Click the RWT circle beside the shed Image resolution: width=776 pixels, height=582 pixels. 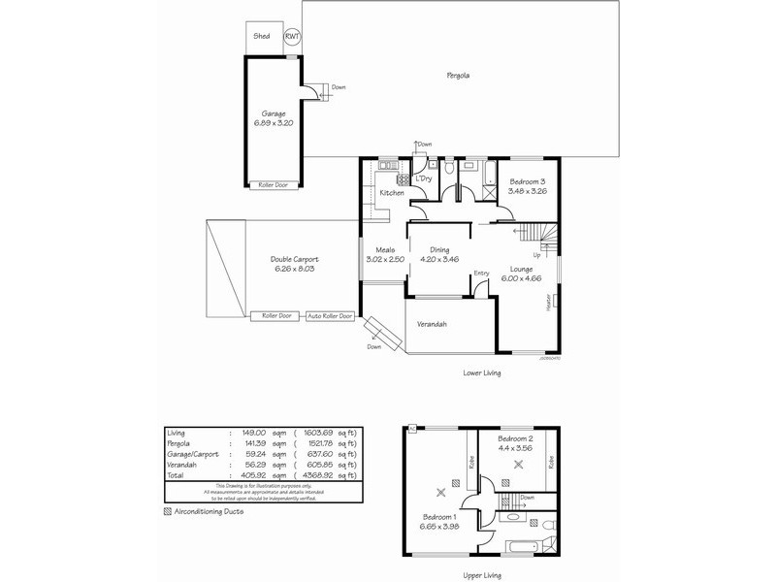coord(292,37)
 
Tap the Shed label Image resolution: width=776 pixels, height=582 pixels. coord(261,36)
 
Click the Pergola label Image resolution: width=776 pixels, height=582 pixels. coord(459,76)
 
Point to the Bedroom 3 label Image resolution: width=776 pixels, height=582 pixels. coord(528,182)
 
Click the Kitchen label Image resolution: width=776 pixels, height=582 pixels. coord(392,193)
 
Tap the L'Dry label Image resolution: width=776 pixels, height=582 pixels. coord(423,179)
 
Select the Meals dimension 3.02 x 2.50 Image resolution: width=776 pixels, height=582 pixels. coord(383,260)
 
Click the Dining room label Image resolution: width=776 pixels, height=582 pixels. coord(439,251)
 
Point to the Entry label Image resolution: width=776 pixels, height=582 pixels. coord(480,275)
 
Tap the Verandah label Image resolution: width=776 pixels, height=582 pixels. coord(432,324)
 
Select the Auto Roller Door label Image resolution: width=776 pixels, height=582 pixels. coord(330,315)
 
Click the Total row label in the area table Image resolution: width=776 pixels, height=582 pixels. coord(176,476)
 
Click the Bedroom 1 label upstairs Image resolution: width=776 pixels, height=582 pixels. coord(439,517)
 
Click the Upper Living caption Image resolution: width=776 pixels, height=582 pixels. coord(481,575)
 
